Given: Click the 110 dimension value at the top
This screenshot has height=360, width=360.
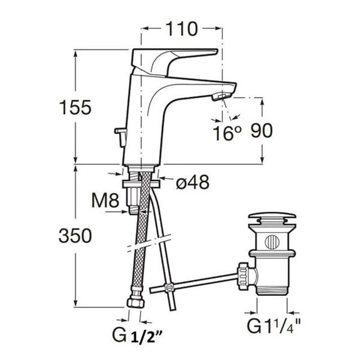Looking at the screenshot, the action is [181, 29].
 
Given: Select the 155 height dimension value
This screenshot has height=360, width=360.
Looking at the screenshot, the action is [75, 107].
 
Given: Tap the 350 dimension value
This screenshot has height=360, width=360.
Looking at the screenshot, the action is [75, 236].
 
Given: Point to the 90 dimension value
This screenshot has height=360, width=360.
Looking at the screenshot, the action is [262, 130].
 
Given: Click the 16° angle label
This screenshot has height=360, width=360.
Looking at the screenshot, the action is [227, 133].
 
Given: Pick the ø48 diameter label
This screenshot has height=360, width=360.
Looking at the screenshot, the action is [192, 182].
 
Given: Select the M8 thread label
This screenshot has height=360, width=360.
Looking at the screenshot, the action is [105, 200].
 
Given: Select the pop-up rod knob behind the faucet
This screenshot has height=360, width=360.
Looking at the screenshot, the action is [120, 137].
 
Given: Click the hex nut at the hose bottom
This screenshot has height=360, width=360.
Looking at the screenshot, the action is [136, 303].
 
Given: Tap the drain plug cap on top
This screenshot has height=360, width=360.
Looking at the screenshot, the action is [272, 216].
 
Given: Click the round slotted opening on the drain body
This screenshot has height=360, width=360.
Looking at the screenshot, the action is [272, 242].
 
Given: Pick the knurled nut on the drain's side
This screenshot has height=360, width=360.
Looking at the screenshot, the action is [243, 276].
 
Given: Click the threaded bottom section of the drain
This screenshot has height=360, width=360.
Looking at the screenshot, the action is [272, 291].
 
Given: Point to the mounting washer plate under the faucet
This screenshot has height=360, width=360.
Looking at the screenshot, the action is [141, 184].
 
